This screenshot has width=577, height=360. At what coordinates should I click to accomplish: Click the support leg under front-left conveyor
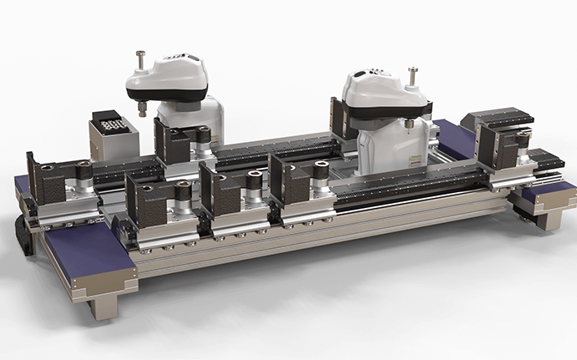coord(104,306)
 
